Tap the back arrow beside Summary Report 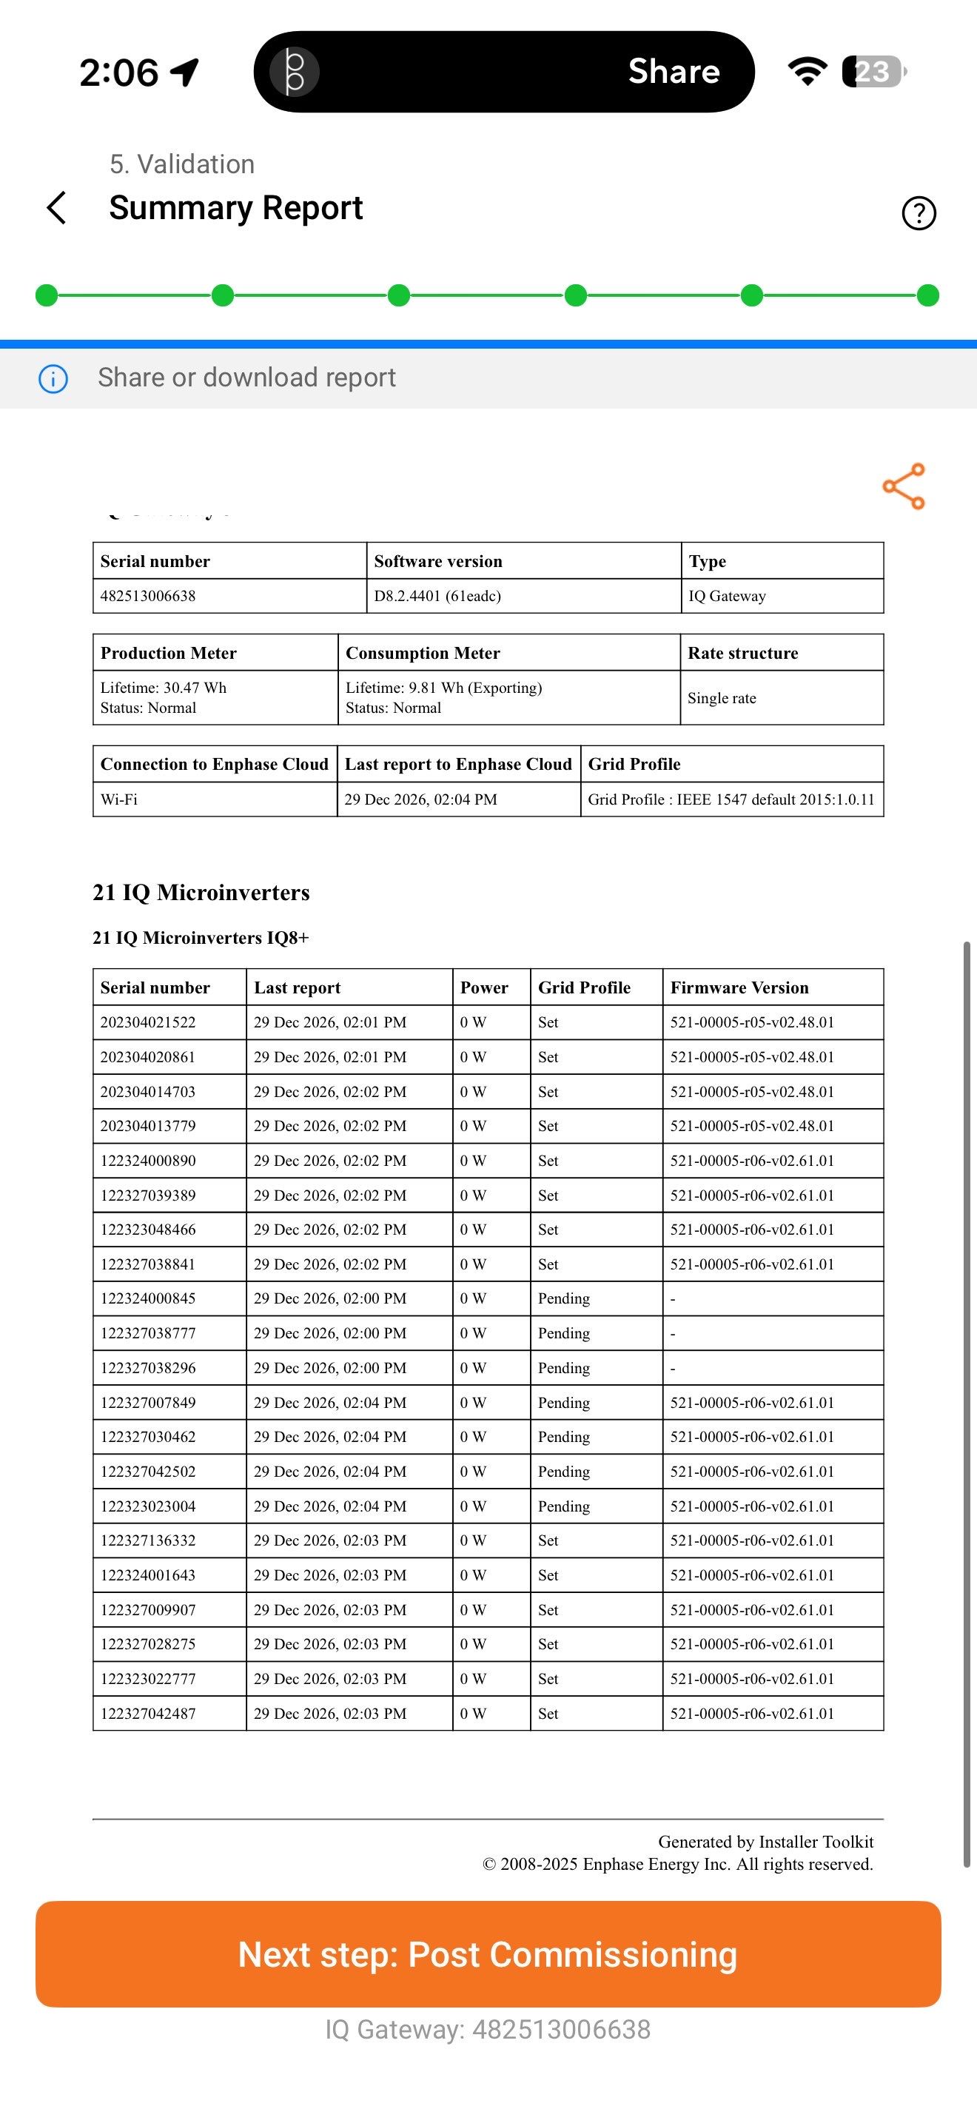56,208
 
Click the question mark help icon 919,212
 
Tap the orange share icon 904,486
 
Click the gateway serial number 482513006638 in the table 148,596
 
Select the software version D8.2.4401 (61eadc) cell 437,596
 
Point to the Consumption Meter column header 423,653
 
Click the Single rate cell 722,698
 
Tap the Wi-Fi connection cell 119,799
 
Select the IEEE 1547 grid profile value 731,799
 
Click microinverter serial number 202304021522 148,1023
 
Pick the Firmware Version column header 739,987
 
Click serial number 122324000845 148,1299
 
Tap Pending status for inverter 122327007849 563,1403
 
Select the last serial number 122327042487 148,1714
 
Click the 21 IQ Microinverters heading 201,893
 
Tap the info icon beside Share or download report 53,378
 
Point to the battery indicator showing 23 873,72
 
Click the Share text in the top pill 674,72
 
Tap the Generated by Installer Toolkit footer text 765,1842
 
